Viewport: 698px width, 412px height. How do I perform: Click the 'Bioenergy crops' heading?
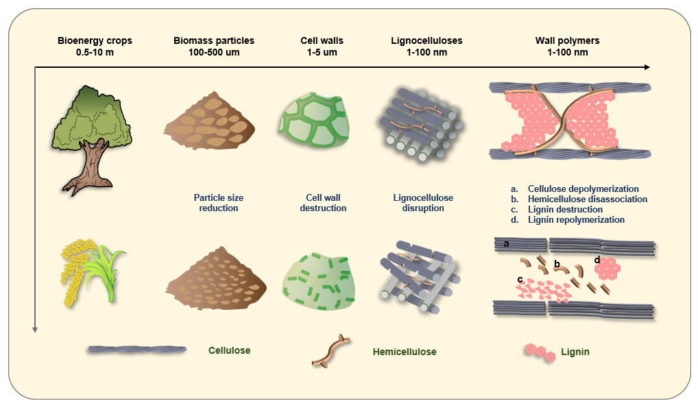click(95, 41)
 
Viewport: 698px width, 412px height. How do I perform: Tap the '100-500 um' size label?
click(214, 53)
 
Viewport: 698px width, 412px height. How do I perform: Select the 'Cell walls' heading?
click(322, 41)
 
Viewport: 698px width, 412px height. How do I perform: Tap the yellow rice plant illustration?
click(93, 271)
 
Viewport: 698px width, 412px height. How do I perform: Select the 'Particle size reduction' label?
click(218, 202)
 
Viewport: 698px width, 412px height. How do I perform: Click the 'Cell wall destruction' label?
click(323, 202)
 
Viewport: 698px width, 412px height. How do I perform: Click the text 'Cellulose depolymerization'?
click(583, 189)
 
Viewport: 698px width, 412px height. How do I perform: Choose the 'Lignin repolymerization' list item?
click(576, 220)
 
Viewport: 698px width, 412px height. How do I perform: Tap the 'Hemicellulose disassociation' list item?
click(587, 199)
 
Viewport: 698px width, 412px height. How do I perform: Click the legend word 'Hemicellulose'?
click(405, 352)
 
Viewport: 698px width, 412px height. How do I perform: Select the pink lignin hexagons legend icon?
click(541, 352)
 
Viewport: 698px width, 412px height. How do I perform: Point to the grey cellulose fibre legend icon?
click(137, 350)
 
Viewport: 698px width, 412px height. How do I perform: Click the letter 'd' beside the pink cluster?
click(597, 260)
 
